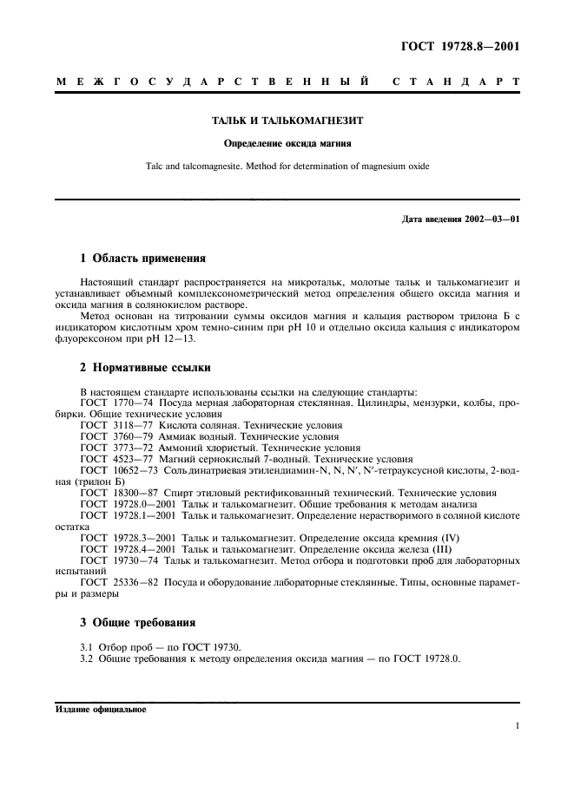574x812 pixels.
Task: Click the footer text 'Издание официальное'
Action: tap(101, 709)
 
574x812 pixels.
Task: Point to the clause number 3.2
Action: tap(86, 658)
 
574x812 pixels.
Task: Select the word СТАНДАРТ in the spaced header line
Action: tap(458, 82)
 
